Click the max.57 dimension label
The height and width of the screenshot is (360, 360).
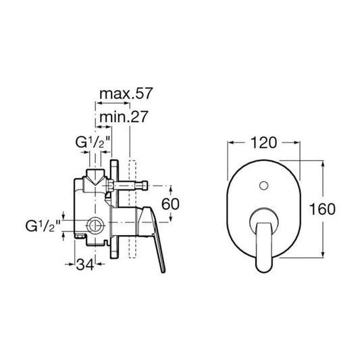tap(126, 93)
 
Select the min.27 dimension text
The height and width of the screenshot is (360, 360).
tap(124, 117)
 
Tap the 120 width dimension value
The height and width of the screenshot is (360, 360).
tap(263, 143)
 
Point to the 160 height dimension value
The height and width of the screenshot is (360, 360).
tap(322, 209)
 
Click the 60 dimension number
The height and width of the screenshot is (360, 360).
tap(170, 204)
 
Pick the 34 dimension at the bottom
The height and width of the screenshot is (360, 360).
tap(85, 265)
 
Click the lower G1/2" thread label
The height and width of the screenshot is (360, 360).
tap(43, 226)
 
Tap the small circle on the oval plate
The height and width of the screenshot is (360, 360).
tap(263, 185)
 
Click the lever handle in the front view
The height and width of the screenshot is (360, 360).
tap(263, 247)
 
